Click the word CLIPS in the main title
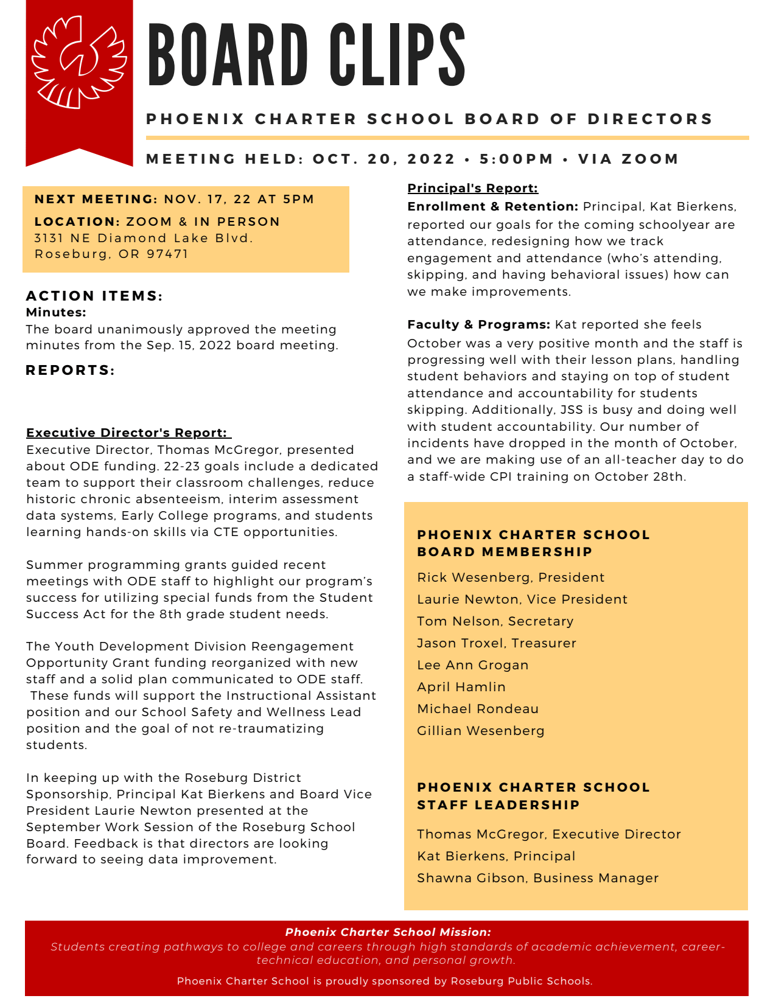click(398, 55)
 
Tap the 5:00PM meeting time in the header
click(516, 159)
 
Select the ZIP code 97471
click(167, 254)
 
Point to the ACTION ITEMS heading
click(94, 296)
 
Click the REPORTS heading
click(70, 371)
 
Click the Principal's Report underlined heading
click(472, 188)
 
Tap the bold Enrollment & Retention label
click(492, 206)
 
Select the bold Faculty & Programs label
click(478, 324)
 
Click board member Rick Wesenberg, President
click(511, 577)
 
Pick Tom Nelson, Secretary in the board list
click(495, 621)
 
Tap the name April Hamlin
click(461, 687)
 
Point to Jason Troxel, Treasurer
click(496, 643)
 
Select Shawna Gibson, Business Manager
click(537, 878)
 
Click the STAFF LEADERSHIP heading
click(498, 805)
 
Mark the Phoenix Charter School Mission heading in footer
click(388, 932)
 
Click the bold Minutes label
click(56, 313)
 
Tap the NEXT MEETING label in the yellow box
click(96, 200)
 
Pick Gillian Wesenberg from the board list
click(480, 731)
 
